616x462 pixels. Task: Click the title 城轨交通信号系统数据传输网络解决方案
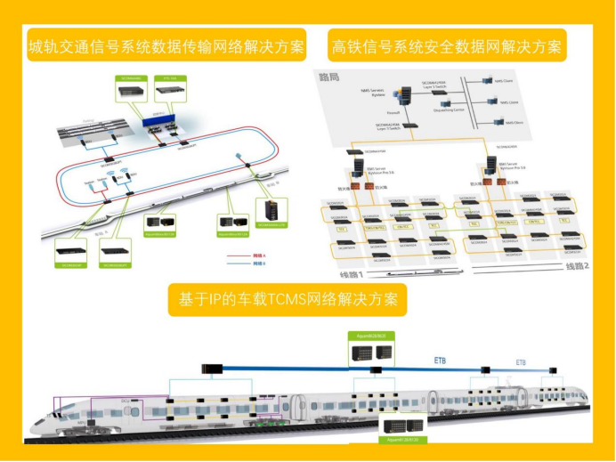[x=166, y=46]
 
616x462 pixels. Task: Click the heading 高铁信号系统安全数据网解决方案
[x=446, y=46]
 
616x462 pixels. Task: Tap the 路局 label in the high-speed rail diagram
[x=329, y=77]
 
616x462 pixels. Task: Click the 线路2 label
[x=577, y=267]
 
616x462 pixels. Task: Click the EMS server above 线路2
[x=492, y=166]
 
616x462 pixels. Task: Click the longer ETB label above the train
[x=442, y=361]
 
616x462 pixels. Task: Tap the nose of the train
[x=40, y=428]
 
